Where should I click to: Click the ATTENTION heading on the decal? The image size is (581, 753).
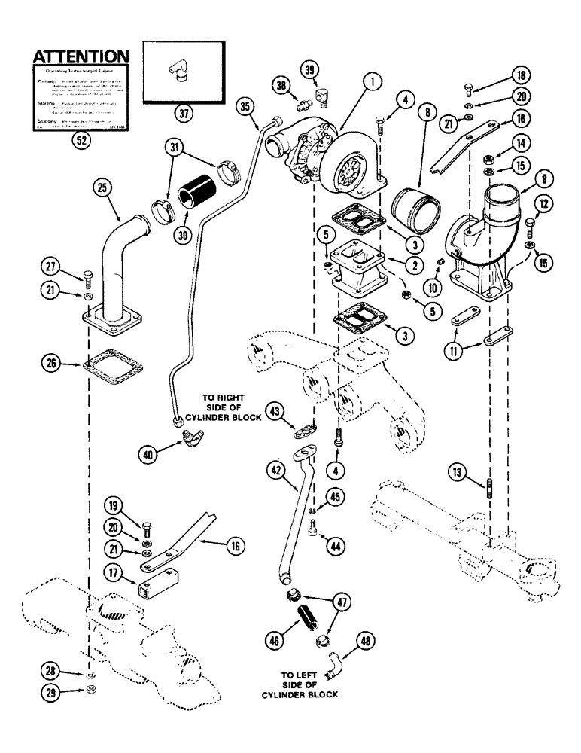tap(78, 56)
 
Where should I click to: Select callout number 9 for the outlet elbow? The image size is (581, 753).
tap(545, 179)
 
